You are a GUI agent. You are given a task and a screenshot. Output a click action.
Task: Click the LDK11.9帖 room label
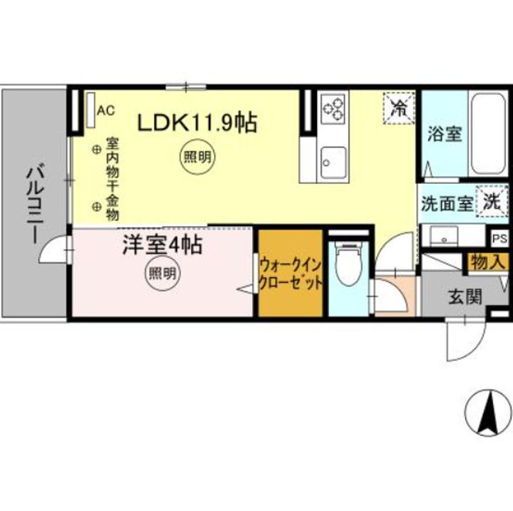coord(197,123)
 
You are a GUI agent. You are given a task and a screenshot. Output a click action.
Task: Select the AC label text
coord(105,110)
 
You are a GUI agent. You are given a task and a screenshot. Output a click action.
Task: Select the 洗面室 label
coord(445,203)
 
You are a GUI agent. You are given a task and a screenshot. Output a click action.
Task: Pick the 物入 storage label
coord(487,262)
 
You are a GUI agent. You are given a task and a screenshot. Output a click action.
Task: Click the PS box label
coord(499,239)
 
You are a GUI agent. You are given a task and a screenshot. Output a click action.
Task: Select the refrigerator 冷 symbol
coord(400,108)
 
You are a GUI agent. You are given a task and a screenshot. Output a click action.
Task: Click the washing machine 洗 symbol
coord(492,202)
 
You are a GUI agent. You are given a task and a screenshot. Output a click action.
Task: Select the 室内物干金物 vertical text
coord(113,179)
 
